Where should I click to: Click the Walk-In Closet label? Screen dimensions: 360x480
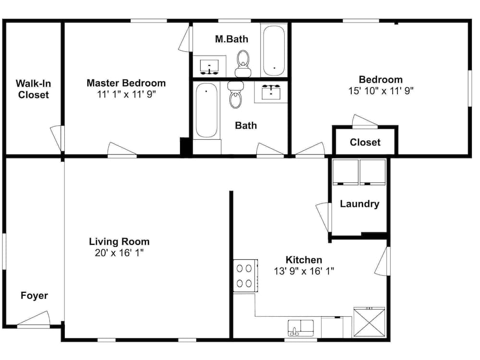(x=34, y=89)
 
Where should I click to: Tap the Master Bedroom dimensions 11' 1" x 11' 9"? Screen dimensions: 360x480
(x=126, y=95)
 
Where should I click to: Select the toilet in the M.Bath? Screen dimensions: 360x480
(x=244, y=64)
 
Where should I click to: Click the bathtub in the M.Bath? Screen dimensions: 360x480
(x=274, y=49)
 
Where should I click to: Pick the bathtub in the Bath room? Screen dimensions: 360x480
(x=206, y=110)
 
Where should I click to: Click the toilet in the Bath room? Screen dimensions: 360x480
(x=236, y=95)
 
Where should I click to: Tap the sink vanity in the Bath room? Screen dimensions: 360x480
(x=272, y=91)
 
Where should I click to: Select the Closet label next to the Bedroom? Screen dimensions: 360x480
(x=365, y=142)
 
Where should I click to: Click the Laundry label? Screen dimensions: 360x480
(x=360, y=204)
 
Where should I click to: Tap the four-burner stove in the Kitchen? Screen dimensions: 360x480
(x=245, y=276)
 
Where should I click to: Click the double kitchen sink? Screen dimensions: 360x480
(x=300, y=328)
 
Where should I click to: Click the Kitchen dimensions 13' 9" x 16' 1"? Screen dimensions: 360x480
(x=304, y=271)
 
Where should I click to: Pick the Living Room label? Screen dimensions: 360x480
(x=119, y=241)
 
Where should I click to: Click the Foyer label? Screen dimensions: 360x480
(x=34, y=295)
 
